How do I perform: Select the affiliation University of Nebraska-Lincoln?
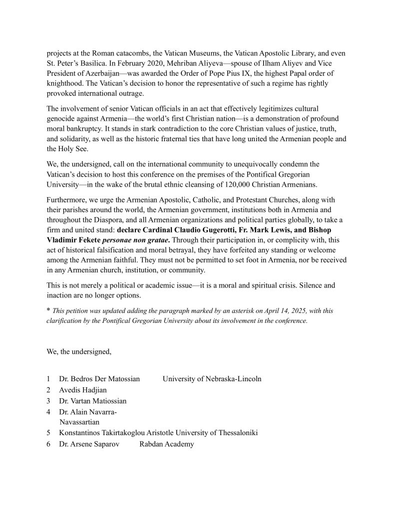click(212, 379)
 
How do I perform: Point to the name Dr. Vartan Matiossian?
click(93, 401)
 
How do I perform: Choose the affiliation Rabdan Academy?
click(166, 444)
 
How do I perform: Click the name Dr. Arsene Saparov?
click(89, 444)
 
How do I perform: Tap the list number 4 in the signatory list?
click(49, 412)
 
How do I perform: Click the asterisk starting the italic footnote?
click(49, 310)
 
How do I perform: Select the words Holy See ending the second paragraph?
click(68, 149)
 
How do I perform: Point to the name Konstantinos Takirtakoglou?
click(107, 433)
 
